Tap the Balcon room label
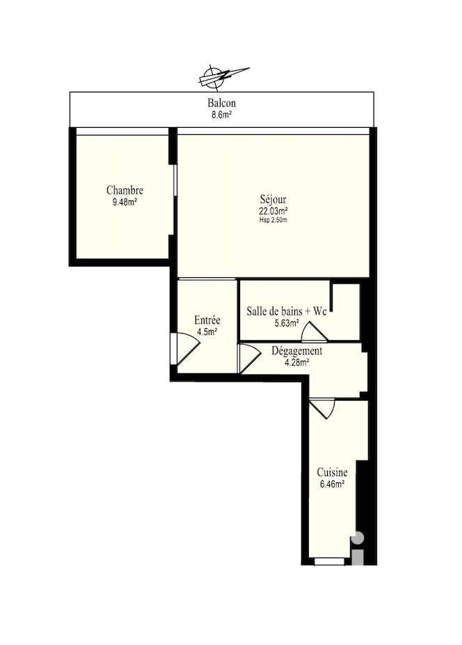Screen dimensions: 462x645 tap(221, 103)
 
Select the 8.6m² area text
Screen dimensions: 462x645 tap(221, 115)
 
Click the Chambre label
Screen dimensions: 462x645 tap(125, 190)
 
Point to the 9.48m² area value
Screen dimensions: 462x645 tap(125, 202)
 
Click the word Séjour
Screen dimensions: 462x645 tap(273, 199)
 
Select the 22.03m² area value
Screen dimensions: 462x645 tap(273, 211)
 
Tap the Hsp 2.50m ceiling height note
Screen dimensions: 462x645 tap(273, 220)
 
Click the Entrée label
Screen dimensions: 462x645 tap(207, 320)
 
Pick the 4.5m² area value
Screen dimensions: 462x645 tap(207, 332)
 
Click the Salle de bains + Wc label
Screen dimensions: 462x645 tap(287, 311)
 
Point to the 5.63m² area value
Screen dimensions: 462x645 tap(287, 323)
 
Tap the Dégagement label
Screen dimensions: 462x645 tap(297, 351)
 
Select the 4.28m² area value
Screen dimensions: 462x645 tap(297, 362)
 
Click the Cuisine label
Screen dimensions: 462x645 tap(333, 472)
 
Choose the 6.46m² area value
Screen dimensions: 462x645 tap(333, 484)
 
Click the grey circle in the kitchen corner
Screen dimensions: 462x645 tap(358, 538)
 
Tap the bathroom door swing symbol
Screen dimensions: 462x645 tap(315, 332)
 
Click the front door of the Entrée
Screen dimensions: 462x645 tap(185, 349)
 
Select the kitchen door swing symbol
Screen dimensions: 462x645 tap(322, 409)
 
